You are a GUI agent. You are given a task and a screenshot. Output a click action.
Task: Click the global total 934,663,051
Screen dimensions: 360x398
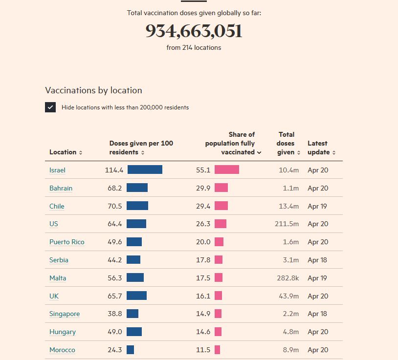[194, 31]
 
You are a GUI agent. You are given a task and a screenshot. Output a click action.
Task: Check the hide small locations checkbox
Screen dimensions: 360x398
[50, 107]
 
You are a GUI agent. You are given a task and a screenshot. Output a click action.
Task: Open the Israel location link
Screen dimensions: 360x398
[57, 170]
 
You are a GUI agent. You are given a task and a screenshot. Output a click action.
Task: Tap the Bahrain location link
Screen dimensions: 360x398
[61, 188]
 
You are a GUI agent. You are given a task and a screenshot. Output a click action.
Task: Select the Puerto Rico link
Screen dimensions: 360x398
[66, 242]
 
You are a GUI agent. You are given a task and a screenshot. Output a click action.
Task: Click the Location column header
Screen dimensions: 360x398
[66, 152]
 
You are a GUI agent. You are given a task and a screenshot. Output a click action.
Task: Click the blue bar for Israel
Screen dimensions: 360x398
[145, 169]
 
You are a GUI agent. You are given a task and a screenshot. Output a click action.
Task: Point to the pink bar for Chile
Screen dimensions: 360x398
[221, 206]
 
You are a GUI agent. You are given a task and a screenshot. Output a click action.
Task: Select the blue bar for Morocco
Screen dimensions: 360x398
[130, 350]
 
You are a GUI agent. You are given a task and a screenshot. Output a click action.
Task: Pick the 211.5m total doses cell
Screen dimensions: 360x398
[287, 224]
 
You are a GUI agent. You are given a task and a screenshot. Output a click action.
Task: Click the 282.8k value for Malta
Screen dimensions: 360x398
[287, 278]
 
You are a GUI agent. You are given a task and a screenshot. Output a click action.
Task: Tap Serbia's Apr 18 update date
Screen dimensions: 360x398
[317, 260]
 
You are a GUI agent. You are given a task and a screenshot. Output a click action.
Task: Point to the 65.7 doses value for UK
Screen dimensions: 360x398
[115, 296]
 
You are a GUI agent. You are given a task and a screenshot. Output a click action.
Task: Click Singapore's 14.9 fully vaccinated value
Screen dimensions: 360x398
[203, 314]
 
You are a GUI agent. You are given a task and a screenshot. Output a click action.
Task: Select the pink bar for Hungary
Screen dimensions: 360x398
[218, 332]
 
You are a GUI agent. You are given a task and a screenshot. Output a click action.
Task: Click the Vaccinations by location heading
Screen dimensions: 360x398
[93, 90]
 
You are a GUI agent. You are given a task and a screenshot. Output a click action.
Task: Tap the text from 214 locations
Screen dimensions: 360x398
[194, 48]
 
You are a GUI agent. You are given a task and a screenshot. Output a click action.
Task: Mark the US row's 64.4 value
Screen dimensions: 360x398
[115, 224]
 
